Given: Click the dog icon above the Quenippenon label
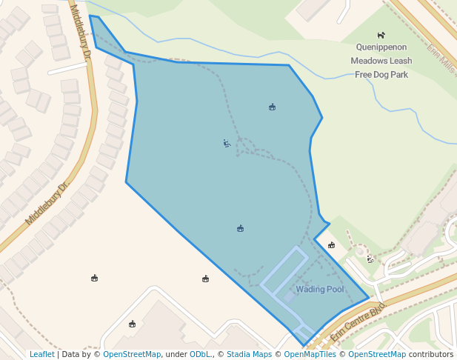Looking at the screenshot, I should coord(381,35).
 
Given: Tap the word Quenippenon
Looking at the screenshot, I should coord(381,47).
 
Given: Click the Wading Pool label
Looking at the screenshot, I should coord(320,289).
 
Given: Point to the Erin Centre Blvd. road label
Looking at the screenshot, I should coord(358,320).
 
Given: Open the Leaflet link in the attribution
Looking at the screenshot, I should coord(42,354).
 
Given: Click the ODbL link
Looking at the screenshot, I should coord(201,354).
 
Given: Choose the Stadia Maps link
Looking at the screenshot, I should coord(249,354).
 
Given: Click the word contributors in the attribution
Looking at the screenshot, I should coord(431,354).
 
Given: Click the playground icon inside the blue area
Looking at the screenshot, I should coord(227,143).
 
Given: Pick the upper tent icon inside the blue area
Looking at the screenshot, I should coord(272,107).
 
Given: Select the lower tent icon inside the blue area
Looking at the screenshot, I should coord(240,228).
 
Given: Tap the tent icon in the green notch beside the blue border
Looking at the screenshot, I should coord(331,245).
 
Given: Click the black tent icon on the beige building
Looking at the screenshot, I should coord(132,324).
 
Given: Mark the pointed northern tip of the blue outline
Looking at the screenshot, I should coord(90,16).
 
